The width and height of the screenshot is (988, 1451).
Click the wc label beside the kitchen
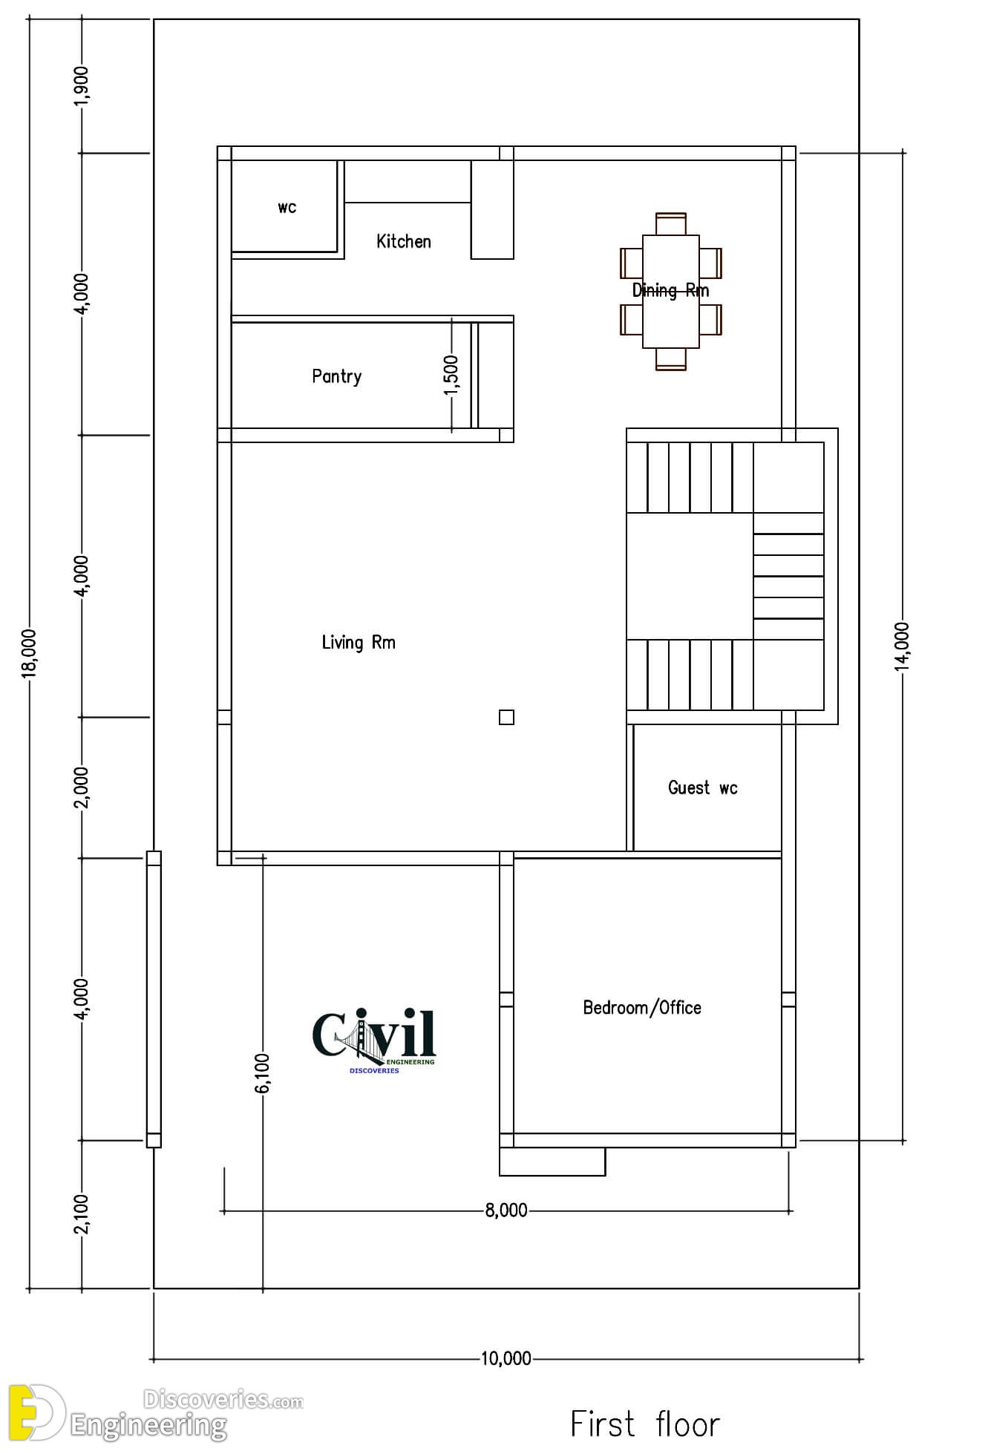287,208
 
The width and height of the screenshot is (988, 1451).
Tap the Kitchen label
403,241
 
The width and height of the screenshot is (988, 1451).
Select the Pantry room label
336,376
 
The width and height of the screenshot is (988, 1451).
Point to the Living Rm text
359,642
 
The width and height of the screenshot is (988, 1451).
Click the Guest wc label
702,787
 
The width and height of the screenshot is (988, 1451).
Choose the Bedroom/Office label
642,1007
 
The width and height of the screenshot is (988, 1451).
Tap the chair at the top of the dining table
671,223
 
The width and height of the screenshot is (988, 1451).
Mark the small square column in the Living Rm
506,717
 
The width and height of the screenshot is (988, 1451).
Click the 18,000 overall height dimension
28,653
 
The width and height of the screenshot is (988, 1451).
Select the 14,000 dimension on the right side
903,646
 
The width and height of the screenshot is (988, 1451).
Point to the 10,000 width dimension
506,1359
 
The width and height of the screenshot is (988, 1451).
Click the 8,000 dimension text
506,1211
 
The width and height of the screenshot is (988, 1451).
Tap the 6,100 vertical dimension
263,1073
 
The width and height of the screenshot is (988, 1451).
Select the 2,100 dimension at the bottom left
82,1213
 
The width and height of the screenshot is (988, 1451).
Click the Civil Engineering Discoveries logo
374,1039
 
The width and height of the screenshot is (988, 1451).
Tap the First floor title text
644,1424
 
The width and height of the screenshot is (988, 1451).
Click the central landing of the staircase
690,576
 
